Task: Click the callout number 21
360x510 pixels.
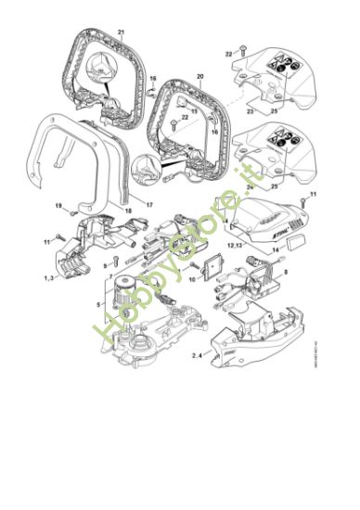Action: click(121, 32)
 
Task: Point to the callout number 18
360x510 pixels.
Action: click(128, 211)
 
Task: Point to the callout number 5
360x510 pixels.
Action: click(99, 304)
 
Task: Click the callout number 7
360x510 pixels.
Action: click(110, 276)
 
